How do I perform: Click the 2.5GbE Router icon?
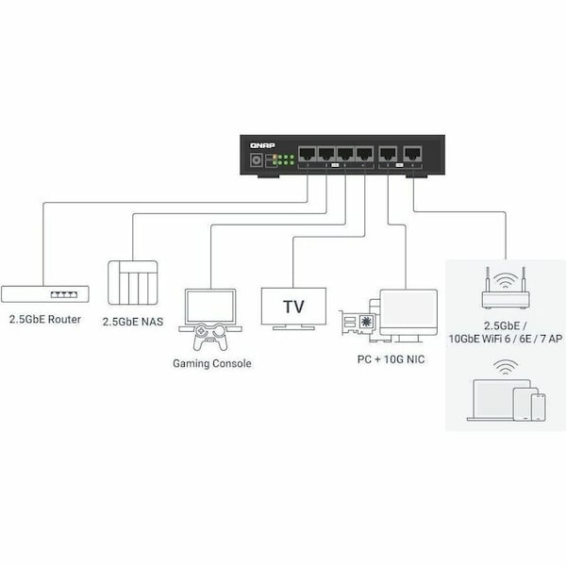(x=45, y=293)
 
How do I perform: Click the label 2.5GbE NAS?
(x=133, y=322)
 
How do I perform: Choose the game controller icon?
(x=211, y=338)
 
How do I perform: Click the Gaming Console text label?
(x=212, y=363)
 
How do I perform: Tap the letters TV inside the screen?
(x=293, y=307)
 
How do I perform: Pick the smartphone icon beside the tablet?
(x=539, y=407)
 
